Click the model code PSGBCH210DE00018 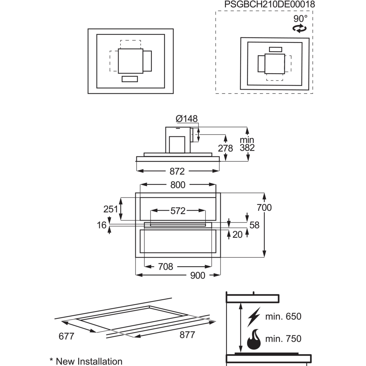click(x=270, y=5)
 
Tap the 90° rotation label click(x=300, y=19)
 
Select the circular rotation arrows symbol click(x=299, y=28)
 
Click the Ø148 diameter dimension click(x=187, y=119)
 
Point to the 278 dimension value click(x=225, y=149)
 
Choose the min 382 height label click(x=247, y=144)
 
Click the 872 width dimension click(x=177, y=171)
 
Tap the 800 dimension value click(x=178, y=185)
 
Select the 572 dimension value click(x=178, y=211)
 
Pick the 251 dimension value click(x=111, y=209)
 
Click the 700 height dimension click(x=264, y=208)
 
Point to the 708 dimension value click(x=166, y=267)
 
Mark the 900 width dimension click(x=198, y=276)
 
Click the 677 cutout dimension click(x=66, y=336)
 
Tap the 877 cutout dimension click(x=187, y=335)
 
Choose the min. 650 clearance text click(x=283, y=316)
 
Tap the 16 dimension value click(x=102, y=225)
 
